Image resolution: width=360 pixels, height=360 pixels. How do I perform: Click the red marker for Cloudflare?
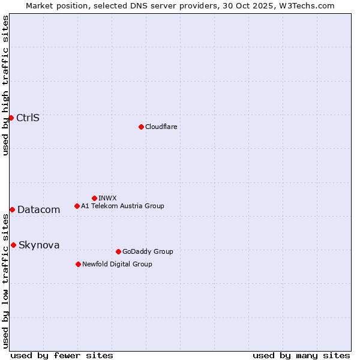point(141,127)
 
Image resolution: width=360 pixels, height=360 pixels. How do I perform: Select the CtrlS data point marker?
point(11,118)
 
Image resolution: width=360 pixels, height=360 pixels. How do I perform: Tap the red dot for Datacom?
point(12,209)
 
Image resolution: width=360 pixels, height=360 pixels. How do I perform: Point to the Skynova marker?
point(13,245)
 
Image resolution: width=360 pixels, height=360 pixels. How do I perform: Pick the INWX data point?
point(94,198)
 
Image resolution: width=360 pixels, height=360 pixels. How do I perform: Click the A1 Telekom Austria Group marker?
point(77,206)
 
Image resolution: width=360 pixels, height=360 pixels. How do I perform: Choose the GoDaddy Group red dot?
point(118,251)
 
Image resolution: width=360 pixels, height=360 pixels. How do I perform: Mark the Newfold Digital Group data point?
point(78,264)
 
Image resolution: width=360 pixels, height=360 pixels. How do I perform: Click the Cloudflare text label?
point(161,127)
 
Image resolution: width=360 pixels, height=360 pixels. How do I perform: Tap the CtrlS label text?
point(28,118)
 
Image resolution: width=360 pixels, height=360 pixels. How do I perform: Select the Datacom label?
point(38,209)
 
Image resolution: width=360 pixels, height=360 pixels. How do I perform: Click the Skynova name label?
point(39,245)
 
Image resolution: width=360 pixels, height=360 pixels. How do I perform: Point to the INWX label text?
point(107,198)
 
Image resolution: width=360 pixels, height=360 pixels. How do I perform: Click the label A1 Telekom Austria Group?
point(122,206)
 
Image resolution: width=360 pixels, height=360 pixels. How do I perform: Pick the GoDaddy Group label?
point(148,251)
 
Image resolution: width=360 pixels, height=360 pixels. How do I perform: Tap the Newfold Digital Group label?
point(117,264)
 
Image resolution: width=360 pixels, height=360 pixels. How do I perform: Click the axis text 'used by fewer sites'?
point(62,355)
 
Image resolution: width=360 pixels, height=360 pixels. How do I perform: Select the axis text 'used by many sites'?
point(301,355)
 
